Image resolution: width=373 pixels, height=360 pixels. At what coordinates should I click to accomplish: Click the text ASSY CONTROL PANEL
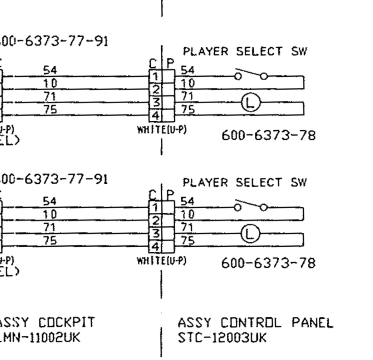[255, 323]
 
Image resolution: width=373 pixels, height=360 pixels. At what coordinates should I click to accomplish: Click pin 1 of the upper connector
[156, 76]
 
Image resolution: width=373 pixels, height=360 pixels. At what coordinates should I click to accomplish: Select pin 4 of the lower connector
[156, 247]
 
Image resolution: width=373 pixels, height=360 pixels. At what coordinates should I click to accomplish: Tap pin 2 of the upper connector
[156, 89]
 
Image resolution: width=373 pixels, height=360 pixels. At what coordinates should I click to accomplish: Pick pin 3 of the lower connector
[156, 233]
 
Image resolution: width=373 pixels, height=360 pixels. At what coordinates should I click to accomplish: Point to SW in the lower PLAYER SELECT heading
[299, 182]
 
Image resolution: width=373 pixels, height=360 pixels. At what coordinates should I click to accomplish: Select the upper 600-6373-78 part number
[268, 135]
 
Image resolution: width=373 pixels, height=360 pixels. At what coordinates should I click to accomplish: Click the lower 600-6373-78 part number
[268, 264]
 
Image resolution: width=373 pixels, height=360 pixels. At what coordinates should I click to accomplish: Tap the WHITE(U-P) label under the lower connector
[162, 261]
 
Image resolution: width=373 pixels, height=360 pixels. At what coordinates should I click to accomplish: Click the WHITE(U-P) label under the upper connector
[162, 130]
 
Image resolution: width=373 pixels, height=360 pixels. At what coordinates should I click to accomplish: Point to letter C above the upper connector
[153, 64]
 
